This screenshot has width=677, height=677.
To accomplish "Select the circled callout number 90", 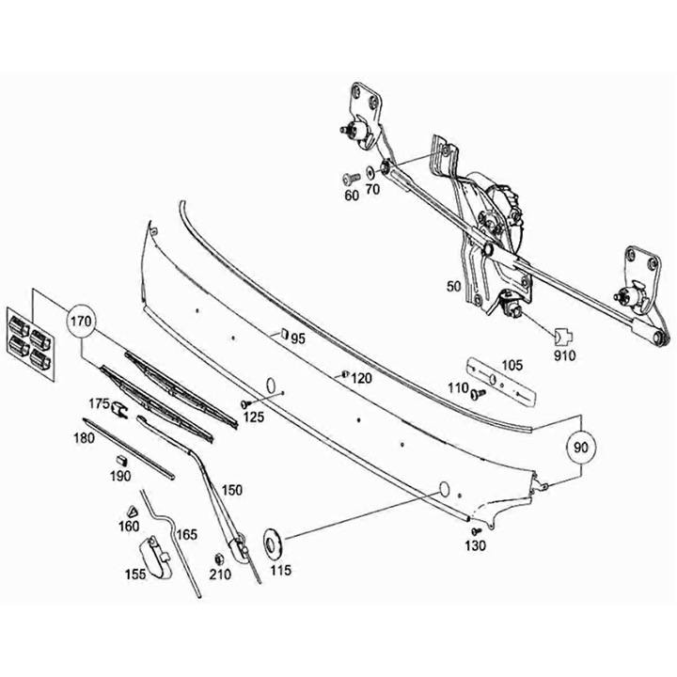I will tap(581, 449).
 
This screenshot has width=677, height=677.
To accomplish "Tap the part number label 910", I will tap(565, 356).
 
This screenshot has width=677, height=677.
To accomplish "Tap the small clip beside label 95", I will tap(281, 332).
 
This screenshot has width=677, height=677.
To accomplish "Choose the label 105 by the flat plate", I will tap(511, 366).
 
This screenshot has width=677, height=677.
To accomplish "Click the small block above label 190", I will tap(120, 458).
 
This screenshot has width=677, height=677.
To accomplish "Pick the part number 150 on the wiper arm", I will tap(231, 490).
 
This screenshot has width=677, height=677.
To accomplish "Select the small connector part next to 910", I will tap(560, 336).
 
